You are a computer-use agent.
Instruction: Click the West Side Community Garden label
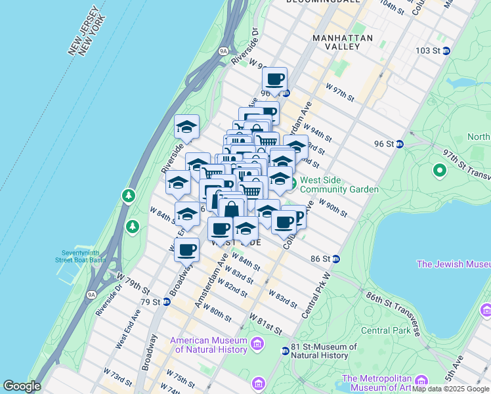tap(340, 185)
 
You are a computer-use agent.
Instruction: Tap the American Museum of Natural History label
tap(208, 345)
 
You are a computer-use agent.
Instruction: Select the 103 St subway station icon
tap(446, 51)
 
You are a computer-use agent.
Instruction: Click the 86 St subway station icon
tap(335, 259)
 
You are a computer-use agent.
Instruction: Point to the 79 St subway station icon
tap(167, 302)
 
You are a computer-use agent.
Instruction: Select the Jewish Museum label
tap(454, 264)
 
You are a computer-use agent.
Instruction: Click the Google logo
tap(22, 386)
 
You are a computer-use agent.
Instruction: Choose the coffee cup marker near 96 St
tap(275, 80)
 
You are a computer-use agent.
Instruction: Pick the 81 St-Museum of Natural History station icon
tap(285, 351)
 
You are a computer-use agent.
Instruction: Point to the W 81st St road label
tap(265, 322)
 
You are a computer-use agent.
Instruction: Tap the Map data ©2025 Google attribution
tap(450, 389)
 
